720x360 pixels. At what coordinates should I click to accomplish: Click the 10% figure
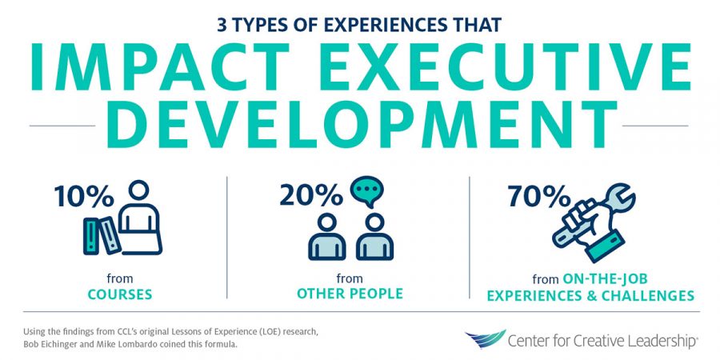(x=83, y=197)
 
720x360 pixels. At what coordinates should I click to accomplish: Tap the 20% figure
(x=311, y=197)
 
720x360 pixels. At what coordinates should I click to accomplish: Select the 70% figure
(x=538, y=197)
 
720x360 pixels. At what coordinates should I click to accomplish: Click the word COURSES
(x=120, y=294)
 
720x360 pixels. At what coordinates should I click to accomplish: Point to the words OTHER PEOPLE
(x=350, y=294)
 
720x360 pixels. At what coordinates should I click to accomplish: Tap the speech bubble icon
(x=366, y=191)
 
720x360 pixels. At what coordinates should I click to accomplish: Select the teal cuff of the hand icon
(x=606, y=246)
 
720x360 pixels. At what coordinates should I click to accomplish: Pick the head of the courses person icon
(x=138, y=190)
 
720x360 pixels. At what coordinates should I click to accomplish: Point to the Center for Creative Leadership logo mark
(x=485, y=338)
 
